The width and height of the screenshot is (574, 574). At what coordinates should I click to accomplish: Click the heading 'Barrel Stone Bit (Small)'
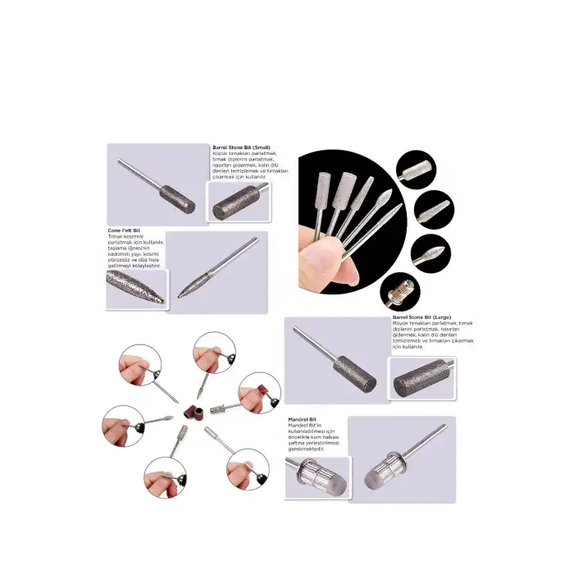242,148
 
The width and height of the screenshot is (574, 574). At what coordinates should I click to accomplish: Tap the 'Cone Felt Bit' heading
124,230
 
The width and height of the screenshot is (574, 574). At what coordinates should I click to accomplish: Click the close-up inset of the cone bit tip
135,287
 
